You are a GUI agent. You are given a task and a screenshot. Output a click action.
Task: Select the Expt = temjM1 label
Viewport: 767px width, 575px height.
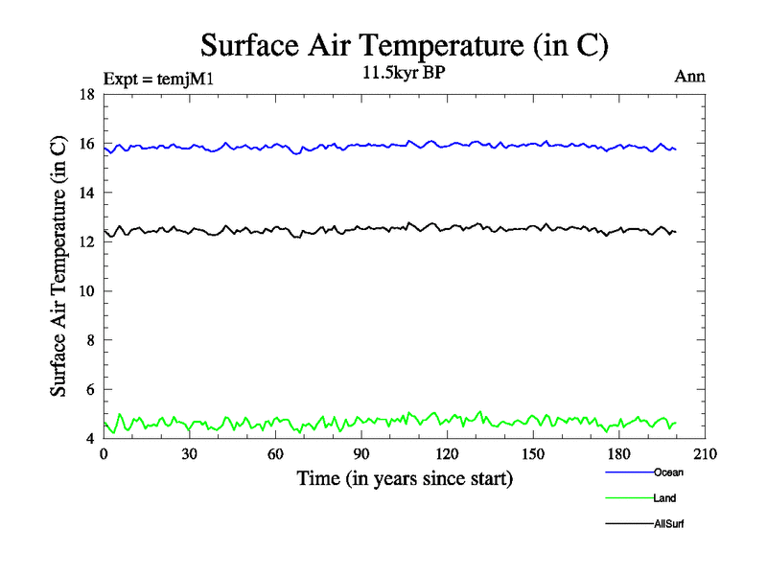(x=157, y=79)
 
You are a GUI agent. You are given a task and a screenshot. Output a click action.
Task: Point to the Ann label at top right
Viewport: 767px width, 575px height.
(x=690, y=77)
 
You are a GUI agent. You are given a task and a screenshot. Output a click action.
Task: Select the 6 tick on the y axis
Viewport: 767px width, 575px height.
(x=90, y=390)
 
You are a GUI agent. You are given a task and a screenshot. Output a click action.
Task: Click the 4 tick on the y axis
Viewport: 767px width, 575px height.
(x=90, y=439)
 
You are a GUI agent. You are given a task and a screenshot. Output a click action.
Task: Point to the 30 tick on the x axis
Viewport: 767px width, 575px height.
(x=190, y=454)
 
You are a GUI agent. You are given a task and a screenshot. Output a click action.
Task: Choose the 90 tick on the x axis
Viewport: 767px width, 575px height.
(x=361, y=454)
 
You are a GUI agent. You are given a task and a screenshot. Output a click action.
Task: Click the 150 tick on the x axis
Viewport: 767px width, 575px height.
(x=533, y=454)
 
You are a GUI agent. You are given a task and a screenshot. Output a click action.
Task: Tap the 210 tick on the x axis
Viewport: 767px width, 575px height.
(x=705, y=454)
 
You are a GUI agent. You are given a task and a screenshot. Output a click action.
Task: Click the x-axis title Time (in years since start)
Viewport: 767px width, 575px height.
(x=405, y=477)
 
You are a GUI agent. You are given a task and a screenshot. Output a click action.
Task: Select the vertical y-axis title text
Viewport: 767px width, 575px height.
(x=58, y=266)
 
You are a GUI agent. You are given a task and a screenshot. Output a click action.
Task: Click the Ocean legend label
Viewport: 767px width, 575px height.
(x=668, y=472)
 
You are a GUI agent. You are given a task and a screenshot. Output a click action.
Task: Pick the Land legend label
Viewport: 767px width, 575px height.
(x=664, y=498)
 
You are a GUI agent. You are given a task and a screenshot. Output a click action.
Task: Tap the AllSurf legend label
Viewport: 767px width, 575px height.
(x=669, y=524)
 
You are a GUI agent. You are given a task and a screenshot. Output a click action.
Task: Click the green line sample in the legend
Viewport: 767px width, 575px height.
(x=629, y=498)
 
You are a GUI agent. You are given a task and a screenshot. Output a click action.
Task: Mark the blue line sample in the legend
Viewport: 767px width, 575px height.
(x=629, y=472)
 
